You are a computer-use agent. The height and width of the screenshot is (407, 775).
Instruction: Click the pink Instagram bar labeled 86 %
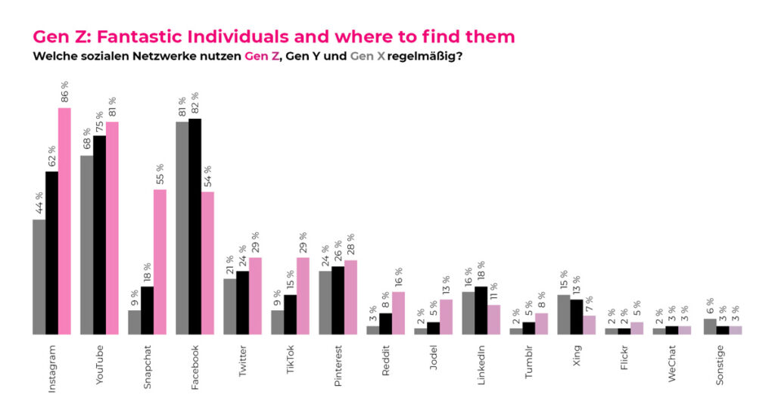click(x=64, y=220)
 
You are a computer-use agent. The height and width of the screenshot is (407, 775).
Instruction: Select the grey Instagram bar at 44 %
click(x=39, y=276)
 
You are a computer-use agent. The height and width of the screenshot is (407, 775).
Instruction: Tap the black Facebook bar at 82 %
click(x=195, y=226)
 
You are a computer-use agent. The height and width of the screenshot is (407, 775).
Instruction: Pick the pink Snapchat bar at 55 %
click(x=160, y=261)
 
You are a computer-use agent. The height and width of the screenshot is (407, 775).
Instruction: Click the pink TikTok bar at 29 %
click(x=303, y=295)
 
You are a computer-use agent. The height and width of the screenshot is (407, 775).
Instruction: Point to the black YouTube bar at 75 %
click(x=99, y=235)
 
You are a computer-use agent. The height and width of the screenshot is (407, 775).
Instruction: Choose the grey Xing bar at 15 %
click(x=563, y=314)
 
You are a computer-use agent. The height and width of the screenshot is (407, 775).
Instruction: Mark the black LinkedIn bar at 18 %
click(x=481, y=310)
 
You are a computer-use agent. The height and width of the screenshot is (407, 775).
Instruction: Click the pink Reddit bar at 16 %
click(x=398, y=312)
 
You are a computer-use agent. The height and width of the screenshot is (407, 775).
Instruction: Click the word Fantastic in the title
click(x=143, y=36)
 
